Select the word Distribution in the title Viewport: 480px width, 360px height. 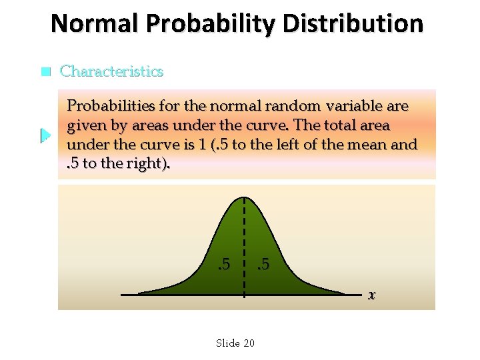pyautogui.click(x=353, y=24)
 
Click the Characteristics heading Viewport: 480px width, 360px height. pyautogui.click(x=111, y=71)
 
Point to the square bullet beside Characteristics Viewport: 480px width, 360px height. pyautogui.click(x=45, y=71)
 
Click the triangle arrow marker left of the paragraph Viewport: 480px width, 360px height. pyautogui.click(x=45, y=136)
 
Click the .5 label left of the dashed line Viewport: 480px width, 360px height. pyautogui.click(x=225, y=265)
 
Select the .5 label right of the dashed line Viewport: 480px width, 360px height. pyautogui.click(x=263, y=265)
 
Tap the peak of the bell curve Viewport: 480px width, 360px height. pyautogui.click(x=244, y=198)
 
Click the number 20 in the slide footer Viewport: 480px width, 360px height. pyautogui.click(x=249, y=343)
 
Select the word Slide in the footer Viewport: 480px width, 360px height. pyautogui.click(x=228, y=343)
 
